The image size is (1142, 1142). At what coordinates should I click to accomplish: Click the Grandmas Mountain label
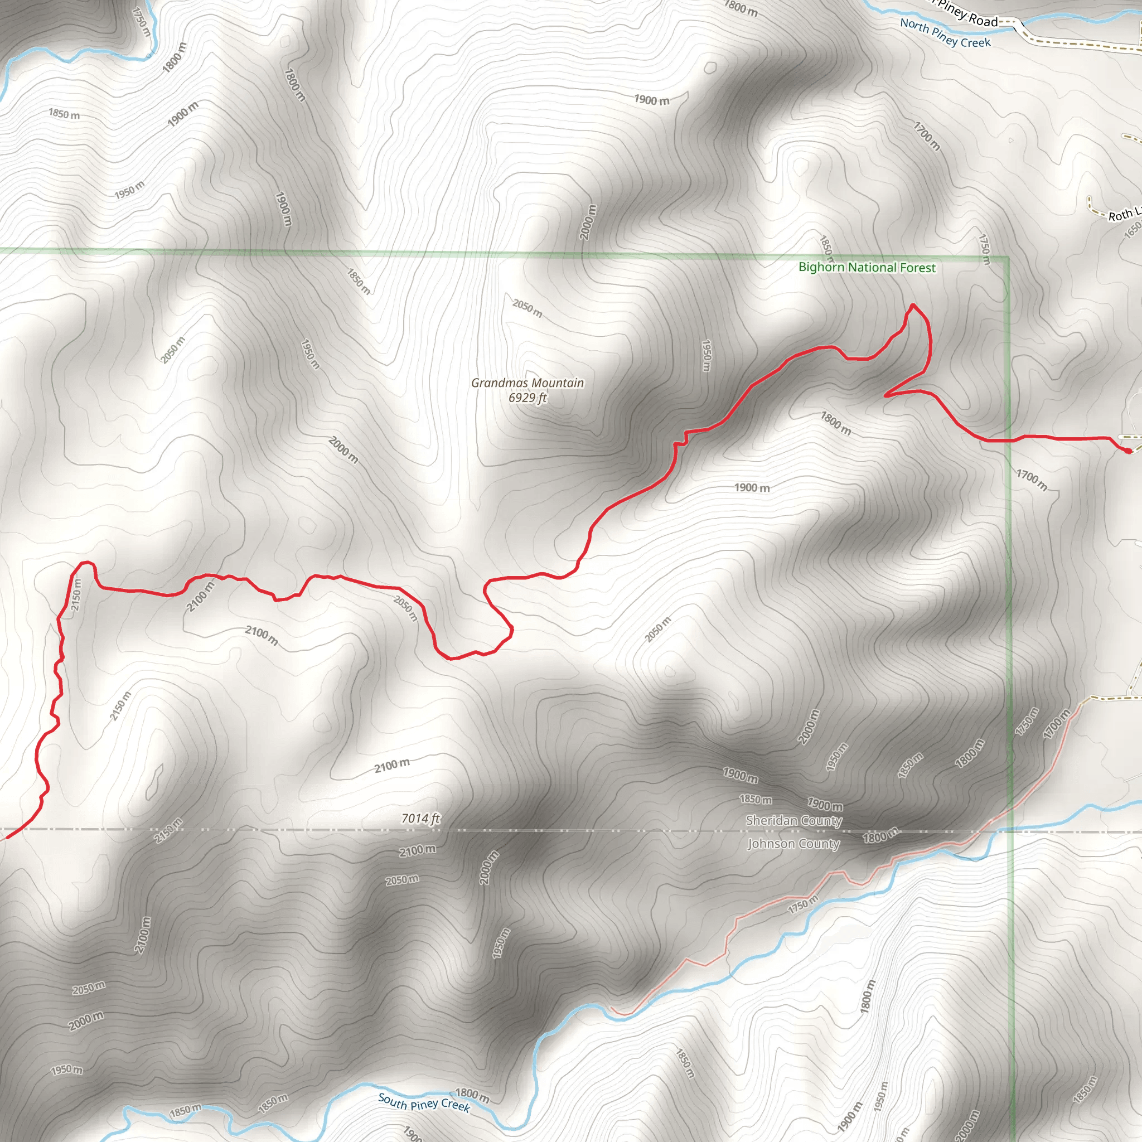528,383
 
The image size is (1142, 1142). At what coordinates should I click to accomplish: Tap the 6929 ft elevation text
528,398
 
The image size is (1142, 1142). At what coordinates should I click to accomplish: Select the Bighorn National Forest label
867,268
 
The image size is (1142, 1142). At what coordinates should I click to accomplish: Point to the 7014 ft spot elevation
420,819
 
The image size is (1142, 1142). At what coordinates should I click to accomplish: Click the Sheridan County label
793,820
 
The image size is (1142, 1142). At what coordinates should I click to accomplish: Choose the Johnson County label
793,844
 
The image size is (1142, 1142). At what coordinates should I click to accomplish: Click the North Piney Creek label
945,33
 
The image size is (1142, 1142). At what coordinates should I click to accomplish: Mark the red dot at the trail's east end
1127,451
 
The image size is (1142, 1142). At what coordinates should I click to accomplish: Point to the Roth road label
1121,215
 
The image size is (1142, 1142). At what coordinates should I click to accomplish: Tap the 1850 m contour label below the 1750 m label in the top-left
64,114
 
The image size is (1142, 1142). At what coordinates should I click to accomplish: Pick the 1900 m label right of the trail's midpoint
751,488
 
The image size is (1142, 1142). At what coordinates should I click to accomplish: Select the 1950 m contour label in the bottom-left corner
66,1070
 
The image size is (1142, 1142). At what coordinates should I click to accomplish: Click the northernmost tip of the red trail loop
913,305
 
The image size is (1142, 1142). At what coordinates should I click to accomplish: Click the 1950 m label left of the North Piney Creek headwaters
129,190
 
